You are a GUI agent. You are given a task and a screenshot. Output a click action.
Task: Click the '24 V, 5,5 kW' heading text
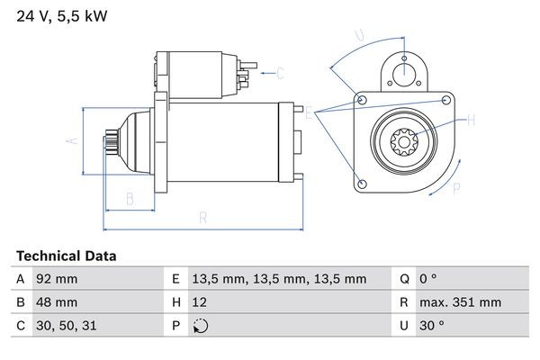(55, 15)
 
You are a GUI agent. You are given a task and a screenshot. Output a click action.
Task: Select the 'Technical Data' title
(66, 256)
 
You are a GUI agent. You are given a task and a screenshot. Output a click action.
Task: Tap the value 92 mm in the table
(56, 279)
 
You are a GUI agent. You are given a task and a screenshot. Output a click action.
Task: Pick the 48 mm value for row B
(56, 302)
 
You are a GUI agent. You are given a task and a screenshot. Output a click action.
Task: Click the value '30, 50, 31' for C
(66, 326)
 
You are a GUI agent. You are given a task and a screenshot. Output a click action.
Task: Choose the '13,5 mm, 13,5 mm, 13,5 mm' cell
(280, 279)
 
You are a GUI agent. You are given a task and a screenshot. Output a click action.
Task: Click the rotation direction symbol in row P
(201, 326)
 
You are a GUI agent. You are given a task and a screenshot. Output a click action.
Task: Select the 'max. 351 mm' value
(463, 302)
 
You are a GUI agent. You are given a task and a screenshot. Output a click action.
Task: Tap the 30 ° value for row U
(436, 326)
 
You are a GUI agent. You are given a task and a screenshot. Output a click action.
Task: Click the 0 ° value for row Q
(432, 279)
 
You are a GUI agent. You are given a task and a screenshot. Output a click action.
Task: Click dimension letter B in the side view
(130, 198)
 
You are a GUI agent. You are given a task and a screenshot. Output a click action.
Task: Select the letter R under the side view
(203, 218)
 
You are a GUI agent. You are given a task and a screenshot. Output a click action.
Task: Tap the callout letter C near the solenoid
(280, 73)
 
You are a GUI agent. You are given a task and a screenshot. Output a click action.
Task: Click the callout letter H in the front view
(470, 119)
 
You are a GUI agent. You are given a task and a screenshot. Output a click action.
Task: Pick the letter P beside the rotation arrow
(456, 188)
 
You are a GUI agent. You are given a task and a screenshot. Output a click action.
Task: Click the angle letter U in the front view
(358, 36)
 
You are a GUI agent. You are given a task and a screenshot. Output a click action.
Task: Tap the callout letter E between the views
(310, 112)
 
